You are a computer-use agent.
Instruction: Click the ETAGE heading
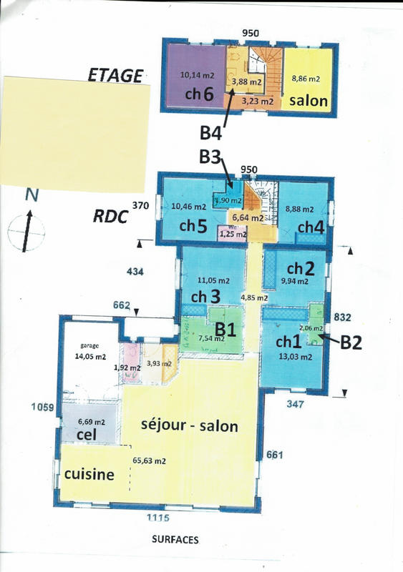point(115,74)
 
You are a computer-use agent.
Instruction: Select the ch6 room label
point(198,94)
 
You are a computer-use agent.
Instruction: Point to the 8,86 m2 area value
point(305,79)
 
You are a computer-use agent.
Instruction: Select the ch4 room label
point(311,227)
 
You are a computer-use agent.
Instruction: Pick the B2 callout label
point(351,342)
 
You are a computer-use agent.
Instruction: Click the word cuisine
point(89,474)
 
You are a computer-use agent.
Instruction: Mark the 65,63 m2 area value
point(150,461)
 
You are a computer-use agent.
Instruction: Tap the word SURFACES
point(175,541)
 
